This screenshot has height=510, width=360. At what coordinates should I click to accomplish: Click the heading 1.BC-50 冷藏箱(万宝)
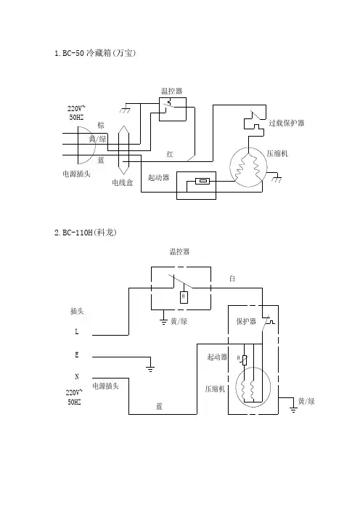pos(95,53)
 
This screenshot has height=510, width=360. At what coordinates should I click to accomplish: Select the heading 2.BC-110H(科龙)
pos(86,232)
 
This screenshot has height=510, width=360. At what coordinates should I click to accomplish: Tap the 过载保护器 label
pos(287,123)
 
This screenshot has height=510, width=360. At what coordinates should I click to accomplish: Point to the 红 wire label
pos(170,154)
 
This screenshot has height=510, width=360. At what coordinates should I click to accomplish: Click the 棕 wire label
pos(101,125)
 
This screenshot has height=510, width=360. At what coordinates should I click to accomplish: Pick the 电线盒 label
pos(123,182)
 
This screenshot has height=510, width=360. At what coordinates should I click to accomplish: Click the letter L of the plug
pos(77,332)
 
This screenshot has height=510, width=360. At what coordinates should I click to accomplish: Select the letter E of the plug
pos(77,355)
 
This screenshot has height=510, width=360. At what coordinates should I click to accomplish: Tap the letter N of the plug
pos(77,376)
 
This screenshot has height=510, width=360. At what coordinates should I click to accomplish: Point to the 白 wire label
pos(232,278)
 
